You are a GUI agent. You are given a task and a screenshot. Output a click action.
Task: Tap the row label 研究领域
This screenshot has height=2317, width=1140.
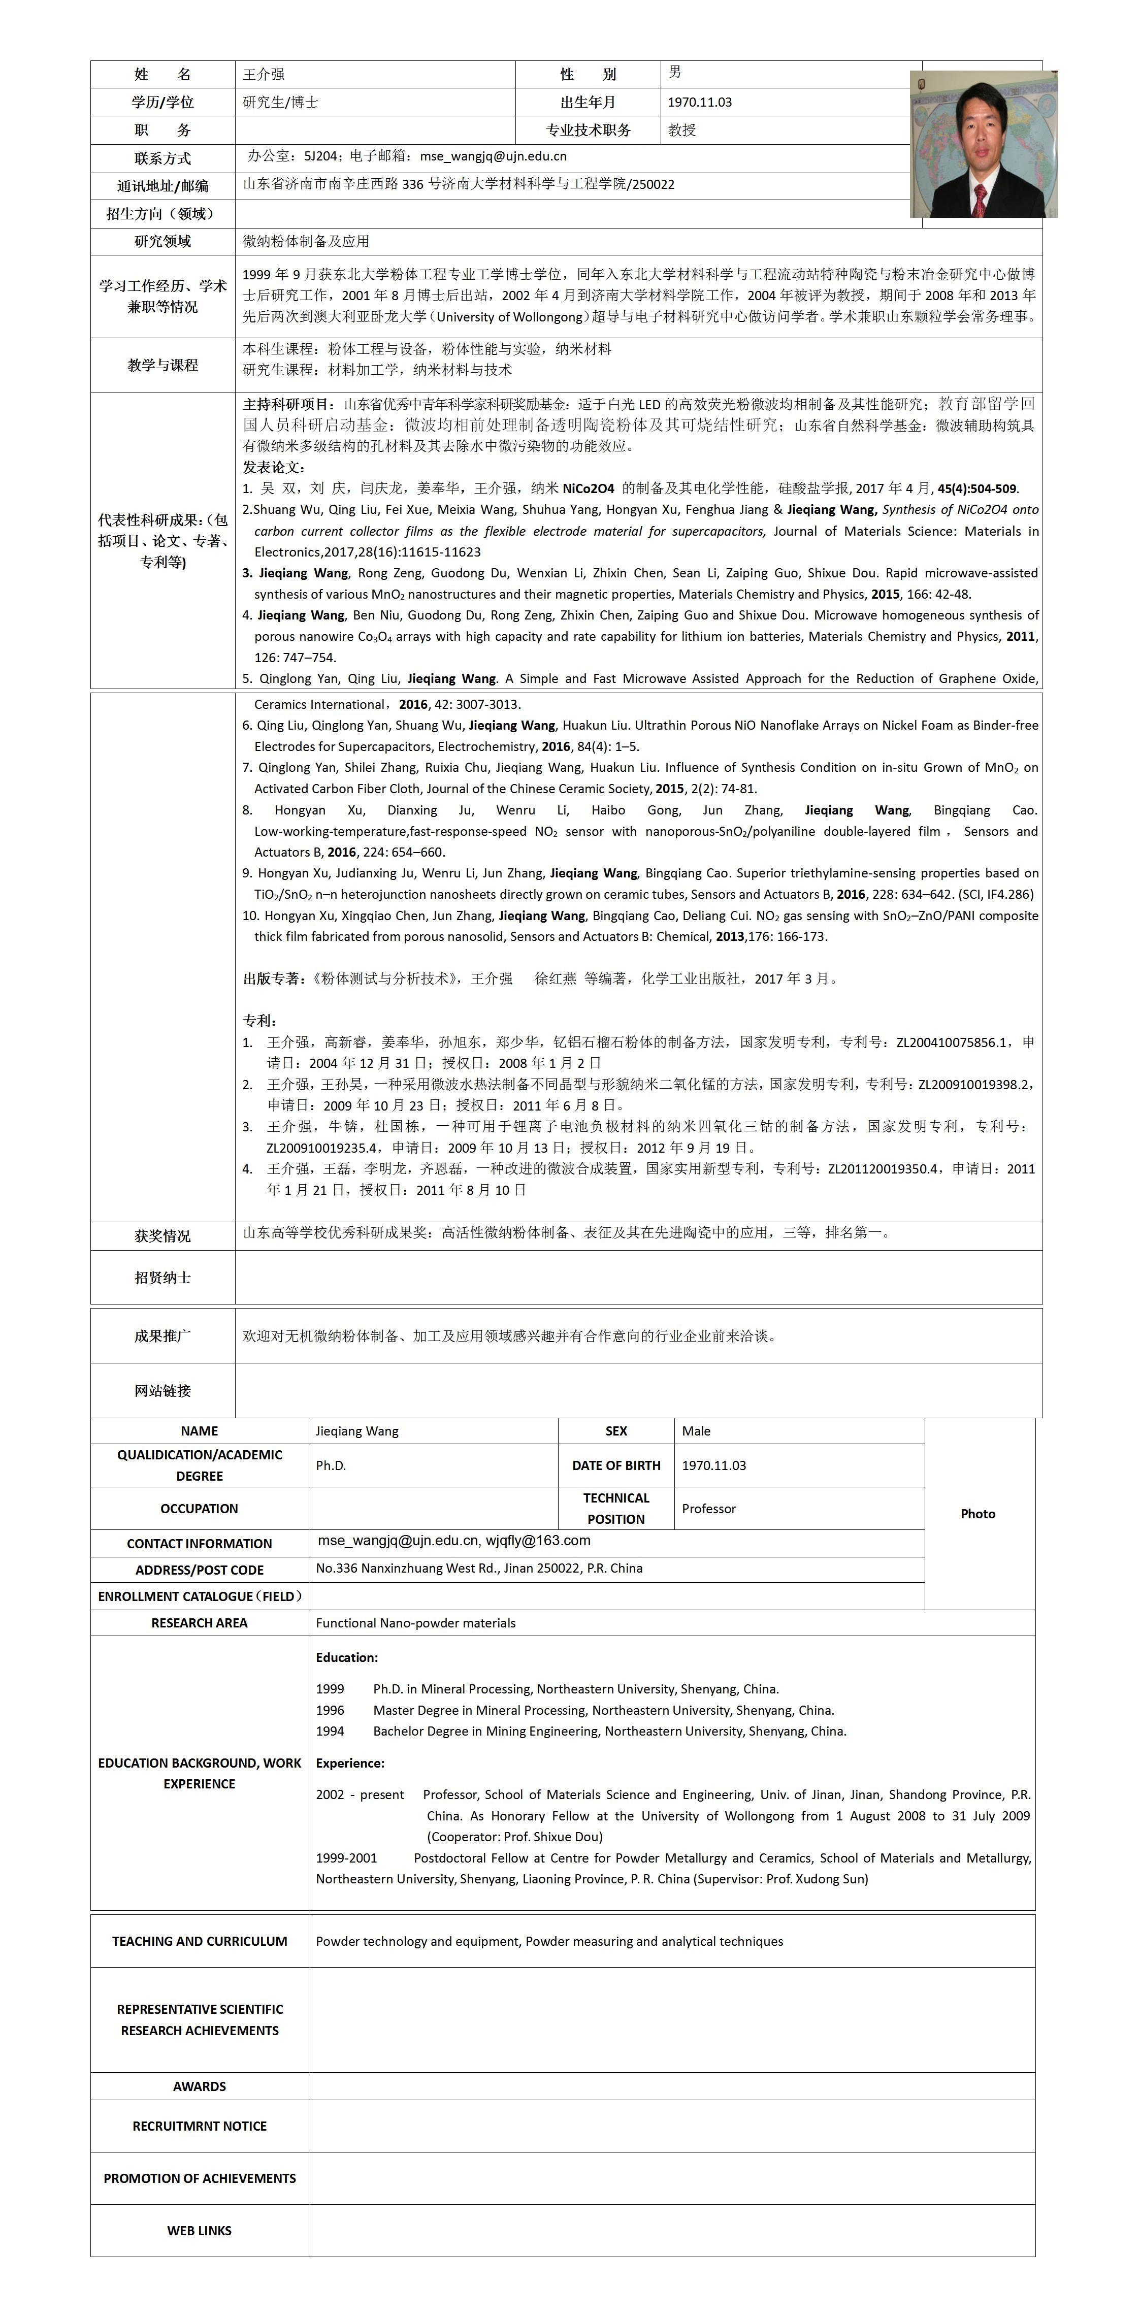tap(163, 241)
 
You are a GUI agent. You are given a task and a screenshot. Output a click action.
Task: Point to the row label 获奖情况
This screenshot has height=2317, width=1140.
tap(163, 1236)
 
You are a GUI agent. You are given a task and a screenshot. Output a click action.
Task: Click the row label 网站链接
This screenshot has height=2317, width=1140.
tap(163, 1391)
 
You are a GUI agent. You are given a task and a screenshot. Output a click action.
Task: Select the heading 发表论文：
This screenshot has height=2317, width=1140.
tap(274, 467)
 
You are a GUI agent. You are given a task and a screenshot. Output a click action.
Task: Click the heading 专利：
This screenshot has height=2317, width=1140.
tap(260, 1021)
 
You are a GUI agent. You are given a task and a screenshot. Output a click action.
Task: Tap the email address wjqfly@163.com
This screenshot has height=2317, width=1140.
tap(538, 1540)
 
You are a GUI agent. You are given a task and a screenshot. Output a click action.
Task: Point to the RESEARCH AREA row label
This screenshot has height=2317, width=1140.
tap(199, 1623)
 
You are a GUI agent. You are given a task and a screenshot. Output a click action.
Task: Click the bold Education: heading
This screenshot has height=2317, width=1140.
tap(346, 1657)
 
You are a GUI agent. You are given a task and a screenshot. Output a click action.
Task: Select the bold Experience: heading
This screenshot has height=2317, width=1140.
tap(350, 1763)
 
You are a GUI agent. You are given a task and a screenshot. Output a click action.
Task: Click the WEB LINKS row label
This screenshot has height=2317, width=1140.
tap(199, 2231)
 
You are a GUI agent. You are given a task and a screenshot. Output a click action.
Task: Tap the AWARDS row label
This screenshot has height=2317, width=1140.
tap(199, 2087)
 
